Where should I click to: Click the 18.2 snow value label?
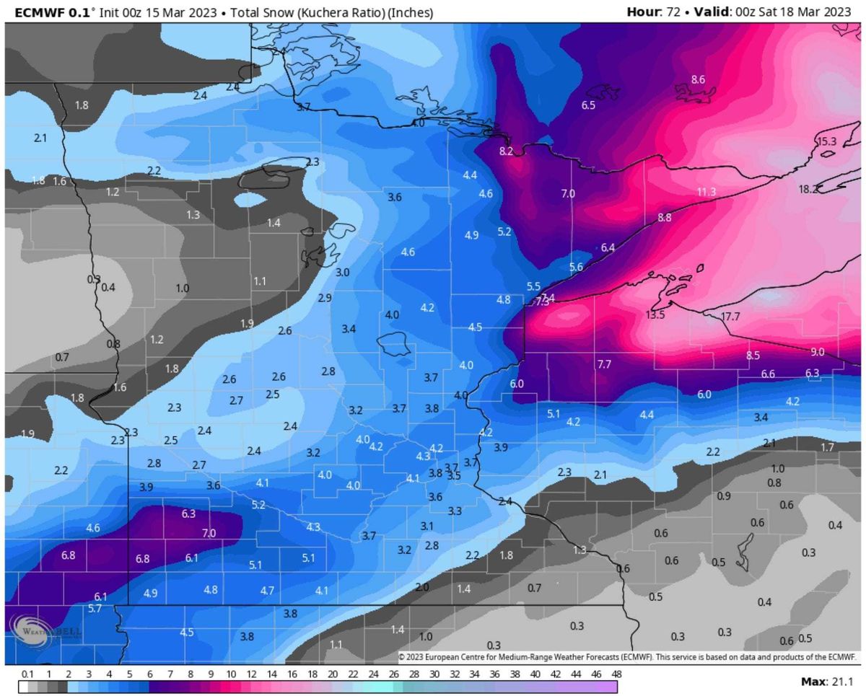(x=809, y=189)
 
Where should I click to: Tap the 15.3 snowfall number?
(x=826, y=142)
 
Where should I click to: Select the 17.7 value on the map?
(x=730, y=317)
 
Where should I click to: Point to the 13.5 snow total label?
(x=655, y=315)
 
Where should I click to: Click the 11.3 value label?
(x=707, y=192)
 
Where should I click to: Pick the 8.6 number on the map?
(x=698, y=79)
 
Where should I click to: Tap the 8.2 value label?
(x=506, y=151)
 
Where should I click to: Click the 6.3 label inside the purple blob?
(x=189, y=514)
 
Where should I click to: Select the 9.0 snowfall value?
(x=817, y=352)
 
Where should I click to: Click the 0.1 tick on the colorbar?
(x=27, y=674)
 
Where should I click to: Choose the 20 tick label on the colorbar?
(x=332, y=674)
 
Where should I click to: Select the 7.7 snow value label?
(x=605, y=365)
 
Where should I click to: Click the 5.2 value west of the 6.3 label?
(x=258, y=504)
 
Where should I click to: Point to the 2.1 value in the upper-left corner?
(x=40, y=137)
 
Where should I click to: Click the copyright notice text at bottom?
(x=626, y=657)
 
